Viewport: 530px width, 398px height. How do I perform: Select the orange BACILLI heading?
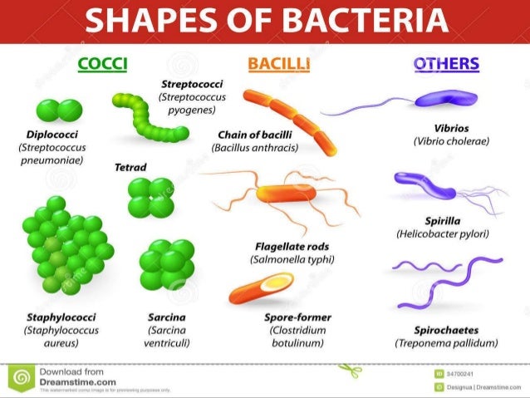click(x=277, y=64)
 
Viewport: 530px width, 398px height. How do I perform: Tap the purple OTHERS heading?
click(x=446, y=64)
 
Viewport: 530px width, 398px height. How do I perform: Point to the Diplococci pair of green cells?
click(x=59, y=111)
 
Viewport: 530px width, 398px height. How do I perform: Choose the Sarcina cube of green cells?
click(x=166, y=265)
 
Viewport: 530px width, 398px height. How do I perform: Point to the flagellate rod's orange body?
click(x=287, y=194)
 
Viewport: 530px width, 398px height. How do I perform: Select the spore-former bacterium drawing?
click(x=260, y=288)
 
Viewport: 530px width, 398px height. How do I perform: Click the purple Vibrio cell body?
click(x=440, y=99)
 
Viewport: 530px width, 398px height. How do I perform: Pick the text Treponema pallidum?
click(x=446, y=342)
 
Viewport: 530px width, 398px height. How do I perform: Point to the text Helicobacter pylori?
click(x=441, y=234)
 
